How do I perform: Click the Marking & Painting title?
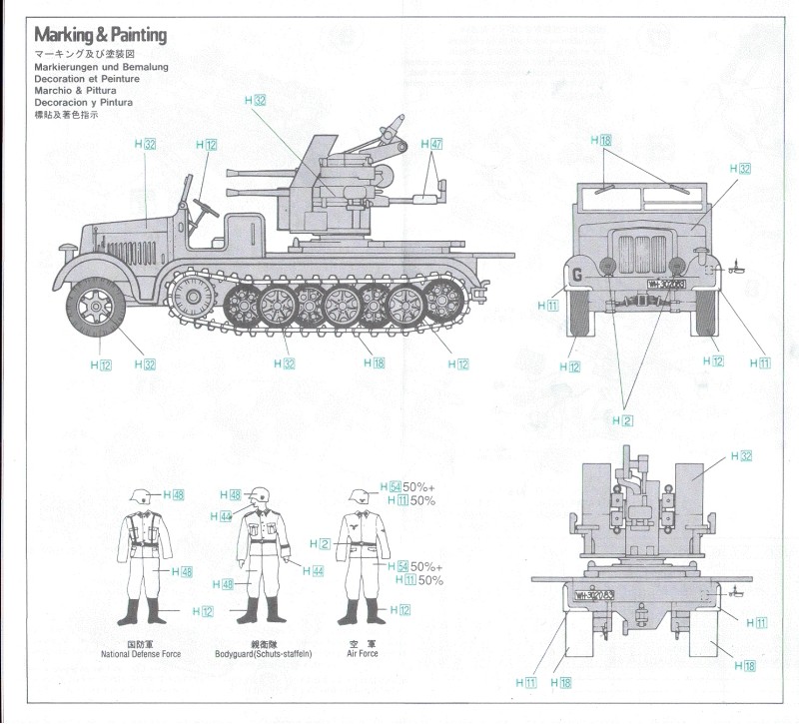[x=100, y=36]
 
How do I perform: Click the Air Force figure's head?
[x=361, y=498]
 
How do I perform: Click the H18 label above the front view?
[x=605, y=140]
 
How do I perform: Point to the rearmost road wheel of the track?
[x=439, y=299]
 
